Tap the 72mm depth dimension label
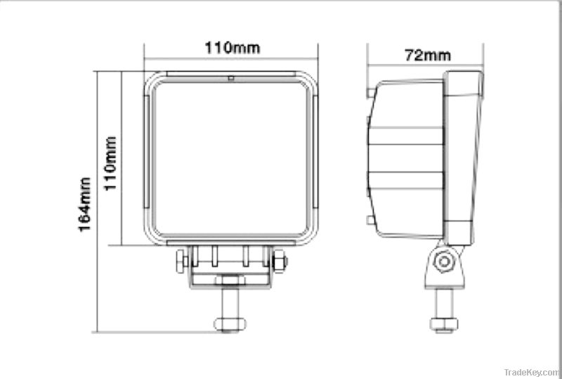coord(427,55)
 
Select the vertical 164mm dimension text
coord(85,204)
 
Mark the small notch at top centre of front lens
coord(230,77)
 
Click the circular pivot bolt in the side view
coord(443,262)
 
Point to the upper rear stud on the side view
coord(370,92)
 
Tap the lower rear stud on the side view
coord(370,221)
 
